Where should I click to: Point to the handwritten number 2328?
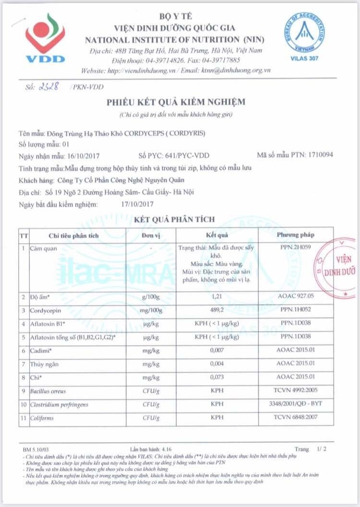click(48, 86)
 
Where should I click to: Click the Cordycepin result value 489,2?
click(217, 310)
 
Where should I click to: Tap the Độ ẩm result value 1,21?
click(217, 297)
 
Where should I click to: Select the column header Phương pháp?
click(295, 235)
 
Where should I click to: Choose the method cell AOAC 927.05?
click(295, 297)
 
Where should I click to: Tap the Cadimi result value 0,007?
click(217, 351)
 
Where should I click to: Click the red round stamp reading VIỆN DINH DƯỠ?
click(338, 267)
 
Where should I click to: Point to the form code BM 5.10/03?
click(36, 450)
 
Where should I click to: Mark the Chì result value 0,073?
click(217, 377)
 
